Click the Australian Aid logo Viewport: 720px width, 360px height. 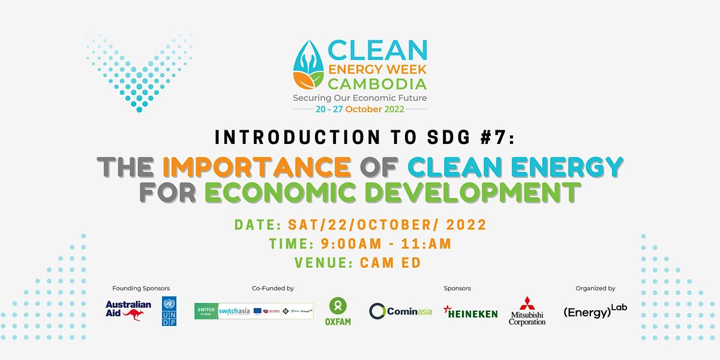point(124,310)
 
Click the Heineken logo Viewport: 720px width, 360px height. point(470,311)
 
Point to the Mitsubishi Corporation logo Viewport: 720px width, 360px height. point(527,311)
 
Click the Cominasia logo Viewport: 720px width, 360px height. point(401,311)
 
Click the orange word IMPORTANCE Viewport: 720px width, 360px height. point(256,166)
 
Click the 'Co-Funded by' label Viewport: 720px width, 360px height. point(273,289)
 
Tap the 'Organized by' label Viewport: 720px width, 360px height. point(595,289)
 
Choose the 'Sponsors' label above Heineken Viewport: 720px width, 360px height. point(457,289)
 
